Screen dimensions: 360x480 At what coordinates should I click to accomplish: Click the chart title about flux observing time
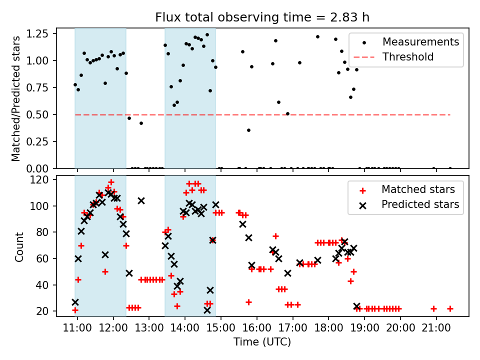tap(262, 17)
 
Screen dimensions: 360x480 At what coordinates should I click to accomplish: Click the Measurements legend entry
tap(420, 42)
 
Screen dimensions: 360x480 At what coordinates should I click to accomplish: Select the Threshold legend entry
tap(408, 57)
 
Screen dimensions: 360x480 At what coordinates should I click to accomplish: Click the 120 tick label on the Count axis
tap(40, 180)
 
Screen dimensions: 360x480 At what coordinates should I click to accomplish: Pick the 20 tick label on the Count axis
tap(42, 311)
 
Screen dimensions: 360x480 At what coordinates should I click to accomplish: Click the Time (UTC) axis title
tap(262, 342)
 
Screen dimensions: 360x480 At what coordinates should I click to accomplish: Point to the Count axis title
tap(19, 246)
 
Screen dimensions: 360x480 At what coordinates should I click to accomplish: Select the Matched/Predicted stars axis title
tap(16, 98)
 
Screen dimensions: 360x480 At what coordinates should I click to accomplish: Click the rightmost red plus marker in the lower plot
tap(450, 308)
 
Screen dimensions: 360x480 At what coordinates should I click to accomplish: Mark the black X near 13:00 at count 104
tap(141, 200)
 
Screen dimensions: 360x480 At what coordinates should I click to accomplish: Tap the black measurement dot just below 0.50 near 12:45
tap(141, 123)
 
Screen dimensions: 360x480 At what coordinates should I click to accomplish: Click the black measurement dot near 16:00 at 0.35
tap(248, 130)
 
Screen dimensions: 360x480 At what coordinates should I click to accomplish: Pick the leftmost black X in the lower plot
tap(75, 302)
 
